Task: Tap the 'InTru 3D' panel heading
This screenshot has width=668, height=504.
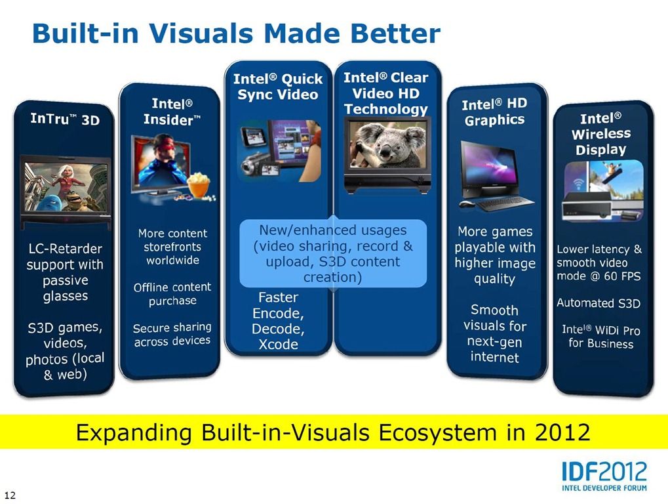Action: pyautogui.click(x=65, y=119)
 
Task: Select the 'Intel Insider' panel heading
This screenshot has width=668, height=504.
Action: pyautogui.click(x=172, y=112)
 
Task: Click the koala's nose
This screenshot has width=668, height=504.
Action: pyautogui.click(x=385, y=151)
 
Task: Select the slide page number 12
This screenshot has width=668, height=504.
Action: pyautogui.click(x=10, y=495)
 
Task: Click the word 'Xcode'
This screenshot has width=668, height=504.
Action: pyautogui.click(x=278, y=345)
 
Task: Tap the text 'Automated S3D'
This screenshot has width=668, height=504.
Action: pyautogui.click(x=599, y=303)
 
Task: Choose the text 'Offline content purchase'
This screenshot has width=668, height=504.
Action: pyautogui.click(x=172, y=294)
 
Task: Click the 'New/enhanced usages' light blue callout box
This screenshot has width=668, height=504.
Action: pyautogui.click(x=333, y=253)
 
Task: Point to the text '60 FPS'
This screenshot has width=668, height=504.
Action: pyautogui.click(x=622, y=276)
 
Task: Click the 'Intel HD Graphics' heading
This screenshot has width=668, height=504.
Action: pyautogui.click(x=495, y=112)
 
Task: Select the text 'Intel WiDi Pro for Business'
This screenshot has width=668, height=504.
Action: pyautogui.click(x=600, y=337)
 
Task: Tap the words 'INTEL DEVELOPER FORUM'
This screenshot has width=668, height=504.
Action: pyautogui.click(x=604, y=488)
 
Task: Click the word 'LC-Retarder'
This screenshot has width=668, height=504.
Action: pyautogui.click(x=65, y=249)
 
